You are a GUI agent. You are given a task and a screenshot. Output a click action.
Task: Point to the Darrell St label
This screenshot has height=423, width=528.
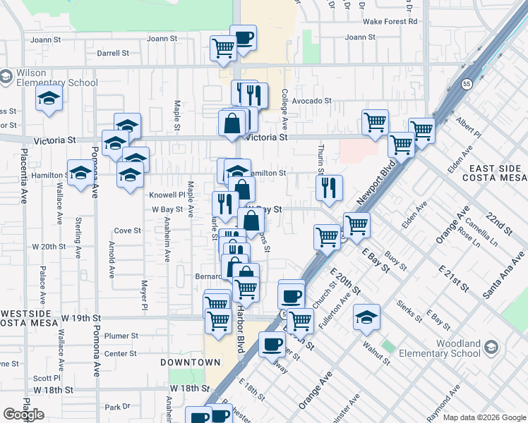[113, 53]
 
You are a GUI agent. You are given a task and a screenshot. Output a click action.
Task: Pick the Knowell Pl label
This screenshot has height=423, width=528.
[167, 195]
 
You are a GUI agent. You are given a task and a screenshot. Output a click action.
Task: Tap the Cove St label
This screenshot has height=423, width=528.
[128, 231]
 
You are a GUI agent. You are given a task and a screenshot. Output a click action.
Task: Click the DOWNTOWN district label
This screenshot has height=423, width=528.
[190, 362]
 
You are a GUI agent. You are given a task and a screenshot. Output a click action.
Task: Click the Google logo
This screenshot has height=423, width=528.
[24, 414]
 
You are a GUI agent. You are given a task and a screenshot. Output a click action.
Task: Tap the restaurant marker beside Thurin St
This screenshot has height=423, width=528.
[329, 188]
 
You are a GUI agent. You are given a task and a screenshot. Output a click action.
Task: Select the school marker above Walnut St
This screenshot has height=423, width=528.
[366, 317]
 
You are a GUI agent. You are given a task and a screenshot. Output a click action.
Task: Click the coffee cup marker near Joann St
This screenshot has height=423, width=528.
[244, 38]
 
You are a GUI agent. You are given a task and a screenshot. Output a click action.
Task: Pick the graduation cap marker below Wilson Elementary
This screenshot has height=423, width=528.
[49, 98]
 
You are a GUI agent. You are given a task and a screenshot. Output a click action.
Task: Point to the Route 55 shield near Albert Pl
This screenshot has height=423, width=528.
[467, 83]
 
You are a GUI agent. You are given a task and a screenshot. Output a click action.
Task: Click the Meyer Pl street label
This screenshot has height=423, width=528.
[145, 296]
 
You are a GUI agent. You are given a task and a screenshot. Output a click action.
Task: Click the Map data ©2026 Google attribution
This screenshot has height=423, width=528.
[484, 417]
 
